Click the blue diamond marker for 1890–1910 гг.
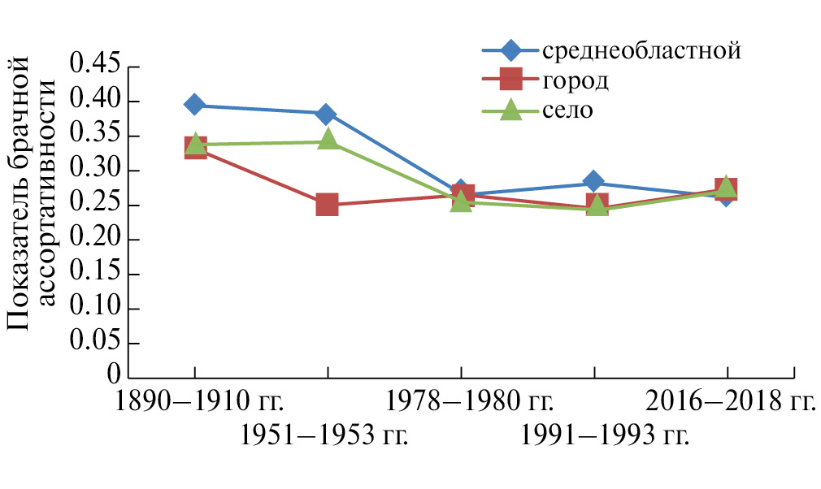point(194,104)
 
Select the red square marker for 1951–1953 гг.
point(327,204)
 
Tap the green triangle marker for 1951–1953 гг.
point(328,140)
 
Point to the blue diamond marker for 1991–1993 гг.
point(594,181)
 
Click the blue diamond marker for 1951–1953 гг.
point(326,114)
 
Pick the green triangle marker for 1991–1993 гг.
point(596,206)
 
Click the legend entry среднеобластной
point(641,50)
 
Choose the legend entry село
point(568,110)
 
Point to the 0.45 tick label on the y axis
point(96,67)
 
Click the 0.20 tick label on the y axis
point(96,240)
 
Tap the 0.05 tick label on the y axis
point(96,344)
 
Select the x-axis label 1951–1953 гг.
point(324,436)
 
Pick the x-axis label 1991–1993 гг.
point(606,436)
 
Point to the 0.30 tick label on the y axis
point(96,171)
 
